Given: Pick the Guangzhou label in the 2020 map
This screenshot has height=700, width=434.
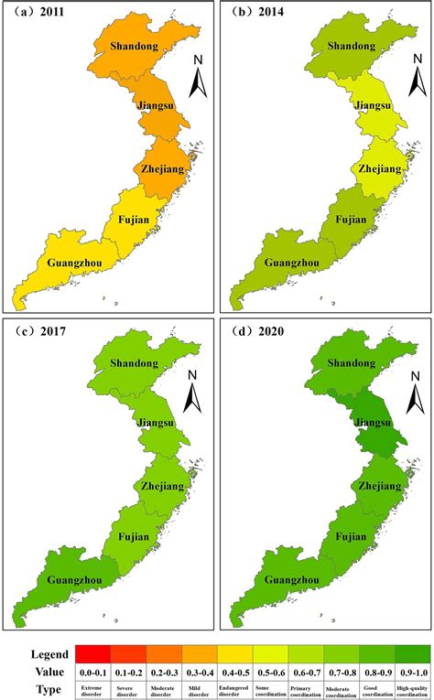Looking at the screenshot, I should click(297, 580).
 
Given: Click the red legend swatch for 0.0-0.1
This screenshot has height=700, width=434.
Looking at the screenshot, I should click(93, 652).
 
